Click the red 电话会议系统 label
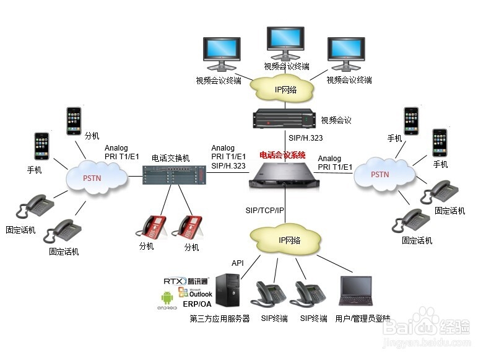[282, 155]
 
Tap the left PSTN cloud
[95, 177]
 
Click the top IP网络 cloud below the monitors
[285, 89]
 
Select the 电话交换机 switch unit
[173, 175]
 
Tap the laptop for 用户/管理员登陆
[357, 291]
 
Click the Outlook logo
[195, 292]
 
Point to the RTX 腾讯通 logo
[186, 281]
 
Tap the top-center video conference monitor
[286, 43]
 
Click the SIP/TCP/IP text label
[264, 211]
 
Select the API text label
[238, 263]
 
